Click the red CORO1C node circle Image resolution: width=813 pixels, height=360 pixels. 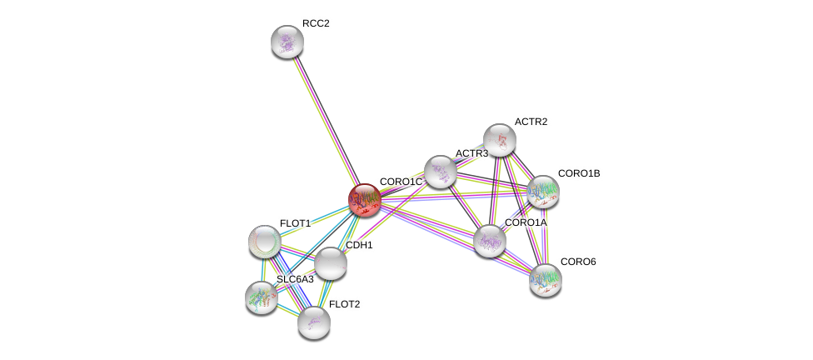click(364, 200)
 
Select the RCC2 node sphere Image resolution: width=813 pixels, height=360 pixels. click(287, 42)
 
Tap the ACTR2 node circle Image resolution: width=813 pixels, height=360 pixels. click(500, 139)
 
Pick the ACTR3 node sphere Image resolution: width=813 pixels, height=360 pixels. click(440, 172)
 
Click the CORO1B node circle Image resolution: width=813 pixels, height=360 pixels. click(543, 191)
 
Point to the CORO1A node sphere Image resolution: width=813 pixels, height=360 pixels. click(490, 240)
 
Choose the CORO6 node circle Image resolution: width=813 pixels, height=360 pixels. click(546, 279)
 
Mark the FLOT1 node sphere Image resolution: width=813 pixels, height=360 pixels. click(265, 242)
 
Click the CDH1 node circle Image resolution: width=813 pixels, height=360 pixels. click(331, 263)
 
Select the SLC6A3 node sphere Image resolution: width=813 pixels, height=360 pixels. click(262, 297)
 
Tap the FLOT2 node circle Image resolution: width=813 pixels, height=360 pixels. click(314, 322)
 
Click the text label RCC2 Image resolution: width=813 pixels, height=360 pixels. click(316, 23)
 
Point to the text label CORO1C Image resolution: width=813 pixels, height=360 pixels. click(401, 182)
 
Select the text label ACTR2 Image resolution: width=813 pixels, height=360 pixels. click(531, 122)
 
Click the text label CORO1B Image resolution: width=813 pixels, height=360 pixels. click(578, 173)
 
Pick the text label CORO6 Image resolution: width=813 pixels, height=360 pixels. click(577, 262)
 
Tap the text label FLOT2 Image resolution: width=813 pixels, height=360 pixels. click(344, 304)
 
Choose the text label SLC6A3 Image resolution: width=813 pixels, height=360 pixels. click(296, 278)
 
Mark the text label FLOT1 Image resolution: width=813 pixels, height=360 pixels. click(295, 223)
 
